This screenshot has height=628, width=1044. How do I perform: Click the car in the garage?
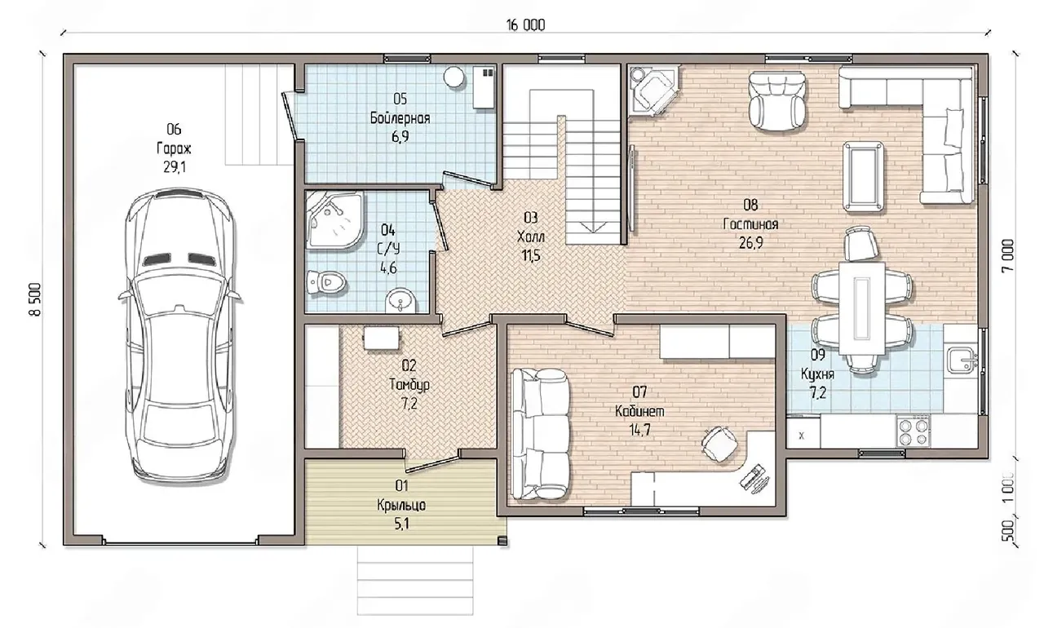click(180, 338)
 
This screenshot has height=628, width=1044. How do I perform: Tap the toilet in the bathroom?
click(327, 282)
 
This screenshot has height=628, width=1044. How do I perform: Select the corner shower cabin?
click(335, 220)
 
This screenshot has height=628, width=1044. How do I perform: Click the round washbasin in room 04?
click(400, 300)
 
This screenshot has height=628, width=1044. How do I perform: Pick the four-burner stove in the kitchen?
click(913, 432)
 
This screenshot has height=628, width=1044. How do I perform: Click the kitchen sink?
click(962, 360)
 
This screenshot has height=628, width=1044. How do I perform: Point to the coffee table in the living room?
click(863, 176)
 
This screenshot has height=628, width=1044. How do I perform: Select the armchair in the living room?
click(776, 100)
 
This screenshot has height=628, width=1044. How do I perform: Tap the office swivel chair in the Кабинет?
click(719, 444)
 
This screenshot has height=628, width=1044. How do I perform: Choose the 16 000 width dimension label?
click(525, 25)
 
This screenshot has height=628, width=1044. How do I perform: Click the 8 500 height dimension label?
click(36, 299)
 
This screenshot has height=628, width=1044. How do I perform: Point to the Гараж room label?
click(174, 148)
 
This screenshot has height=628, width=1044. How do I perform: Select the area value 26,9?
click(751, 243)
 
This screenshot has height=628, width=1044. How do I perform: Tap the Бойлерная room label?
click(400, 118)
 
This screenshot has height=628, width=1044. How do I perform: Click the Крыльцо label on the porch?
click(401, 505)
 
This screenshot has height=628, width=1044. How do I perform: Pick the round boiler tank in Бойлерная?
click(453, 77)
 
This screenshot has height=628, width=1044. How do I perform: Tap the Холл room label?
click(531, 237)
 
